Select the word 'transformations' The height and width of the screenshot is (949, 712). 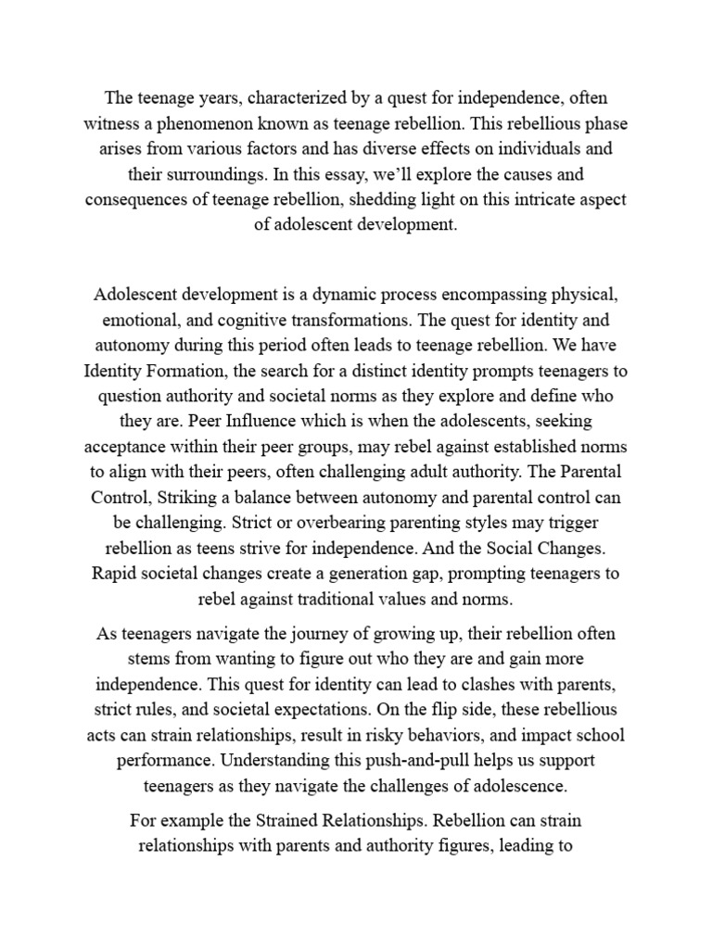(350, 321)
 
